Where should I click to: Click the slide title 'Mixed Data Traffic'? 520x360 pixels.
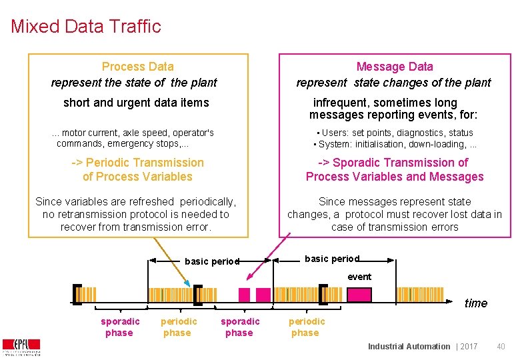tap(86, 27)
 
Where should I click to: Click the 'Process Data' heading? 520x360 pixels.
tap(137, 67)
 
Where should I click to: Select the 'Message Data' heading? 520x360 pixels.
tap(394, 67)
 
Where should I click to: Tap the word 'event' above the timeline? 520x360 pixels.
tap(359, 277)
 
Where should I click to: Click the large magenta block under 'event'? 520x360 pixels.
tap(359, 295)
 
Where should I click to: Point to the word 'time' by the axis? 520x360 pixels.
tap(475, 303)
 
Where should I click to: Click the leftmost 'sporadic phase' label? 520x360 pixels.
tap(120, 327)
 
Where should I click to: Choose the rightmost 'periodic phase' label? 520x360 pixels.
tap(306, 327)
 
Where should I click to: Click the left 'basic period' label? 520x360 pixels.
tap(211, 261)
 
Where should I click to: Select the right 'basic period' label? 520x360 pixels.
tap(331, 259)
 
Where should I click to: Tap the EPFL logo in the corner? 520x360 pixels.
tap(21, 347)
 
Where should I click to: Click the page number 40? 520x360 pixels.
tap(501, 346)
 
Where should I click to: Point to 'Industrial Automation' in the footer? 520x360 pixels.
tap(409, 346)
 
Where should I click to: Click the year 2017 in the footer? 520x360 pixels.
tap(469, 346)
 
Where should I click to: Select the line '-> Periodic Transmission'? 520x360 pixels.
tap(137, 163)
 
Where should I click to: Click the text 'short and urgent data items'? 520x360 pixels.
tap(136, 103)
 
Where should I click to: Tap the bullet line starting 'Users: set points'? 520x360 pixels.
tap(395, 133)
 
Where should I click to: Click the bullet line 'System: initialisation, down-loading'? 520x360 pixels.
tap(395, 144)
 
